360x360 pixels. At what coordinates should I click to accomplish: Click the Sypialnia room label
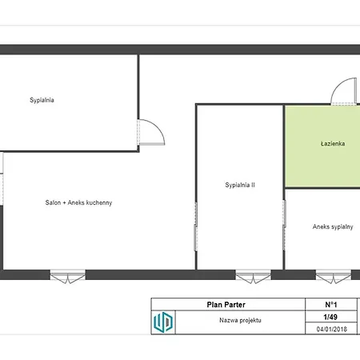pyautogui.click(x=42, y=100)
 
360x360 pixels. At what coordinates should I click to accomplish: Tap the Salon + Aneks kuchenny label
pyautogui.click(x=78, y=202)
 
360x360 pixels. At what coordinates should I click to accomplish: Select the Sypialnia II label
pyautogui.click(x=240, y=185)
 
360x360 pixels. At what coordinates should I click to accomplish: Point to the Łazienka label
pyautogui.click(x=333, y=143)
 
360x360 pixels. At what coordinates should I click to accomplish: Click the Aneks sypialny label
pyautogui.click(x=333, y=226)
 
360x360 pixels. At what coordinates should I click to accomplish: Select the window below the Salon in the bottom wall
pyautogui.click(x=68, y=276)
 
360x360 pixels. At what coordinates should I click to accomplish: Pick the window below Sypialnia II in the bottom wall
pyautogui.click(x=253, y=276)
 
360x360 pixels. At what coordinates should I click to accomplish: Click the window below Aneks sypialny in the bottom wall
pyautogui.click(x=334, y=276)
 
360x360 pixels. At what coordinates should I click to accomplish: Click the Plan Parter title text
pyautogui.click(x=226, y=305)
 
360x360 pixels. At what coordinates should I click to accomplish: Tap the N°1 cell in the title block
pyautogui.click(x=331, y=305)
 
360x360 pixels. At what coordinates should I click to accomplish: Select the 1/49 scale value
pyautogui.click(x=330, y=317)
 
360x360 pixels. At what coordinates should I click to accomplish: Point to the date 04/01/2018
pyautogui.click(x=332, y=329)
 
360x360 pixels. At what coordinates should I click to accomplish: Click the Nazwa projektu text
pyautogui.click(x=240, y=320)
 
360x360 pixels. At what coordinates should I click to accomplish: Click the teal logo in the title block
pyautogui.click(x=163, y=322)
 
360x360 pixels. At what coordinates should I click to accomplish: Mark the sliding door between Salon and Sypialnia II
pyautogui.click(x=196, y=226)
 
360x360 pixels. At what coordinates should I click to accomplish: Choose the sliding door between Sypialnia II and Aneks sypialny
pyautogui.click(x=284, y=226)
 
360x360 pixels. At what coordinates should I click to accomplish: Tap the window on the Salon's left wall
pyautogui.click(x=2, y=178)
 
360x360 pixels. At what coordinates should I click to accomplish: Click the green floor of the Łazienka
pyautogui.click(x=322, y=166)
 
